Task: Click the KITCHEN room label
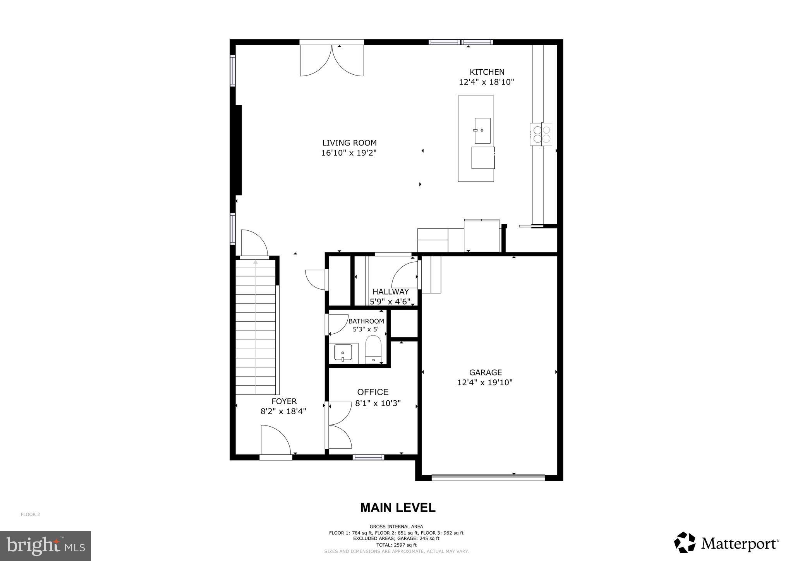pos(487,72)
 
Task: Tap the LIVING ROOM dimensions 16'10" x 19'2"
pos(349,153)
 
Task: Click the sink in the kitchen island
pos(482,130)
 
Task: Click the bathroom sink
pos(343,353)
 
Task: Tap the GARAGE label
pos(485,372)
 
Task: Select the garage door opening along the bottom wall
pos(488,477)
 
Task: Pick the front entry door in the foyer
pos(275,441)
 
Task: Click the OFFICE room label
pos(372,392)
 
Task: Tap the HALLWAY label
pos(390,292)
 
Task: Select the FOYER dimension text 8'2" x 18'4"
pos(283,412)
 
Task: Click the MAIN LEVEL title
pos(398,508)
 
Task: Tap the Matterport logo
pos(726,544)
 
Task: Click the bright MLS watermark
pos(45,546)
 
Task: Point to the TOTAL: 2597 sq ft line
pos(396,545)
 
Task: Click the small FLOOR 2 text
pos(30,515)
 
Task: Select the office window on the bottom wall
pos(368,457)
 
